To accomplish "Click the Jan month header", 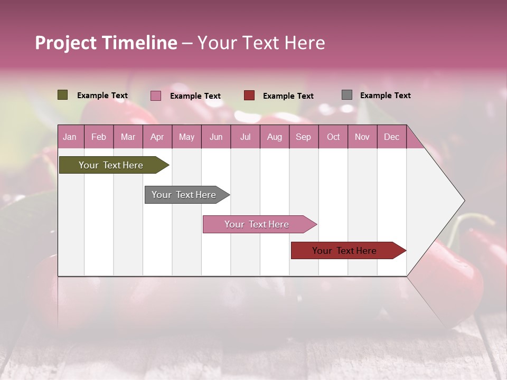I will coord(70,137).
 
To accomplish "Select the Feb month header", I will coord(99,137).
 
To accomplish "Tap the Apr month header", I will coord(157,137).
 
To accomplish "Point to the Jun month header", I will coord(215,137).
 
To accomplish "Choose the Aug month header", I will coord(274,137).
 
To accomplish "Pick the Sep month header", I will coord(303,137).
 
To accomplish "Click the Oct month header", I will coord(333,137).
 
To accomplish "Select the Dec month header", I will coord(391,137).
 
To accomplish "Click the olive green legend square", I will coord(62,95).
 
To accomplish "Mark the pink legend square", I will coord(155,96).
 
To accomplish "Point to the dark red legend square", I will coord(249,96).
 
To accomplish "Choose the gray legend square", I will coord(346,95).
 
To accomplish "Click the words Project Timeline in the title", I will coord(106,43).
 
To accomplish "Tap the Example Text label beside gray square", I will coord(385,95).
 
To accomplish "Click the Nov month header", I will coord(362,137).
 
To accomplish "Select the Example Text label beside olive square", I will coord(102,95).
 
